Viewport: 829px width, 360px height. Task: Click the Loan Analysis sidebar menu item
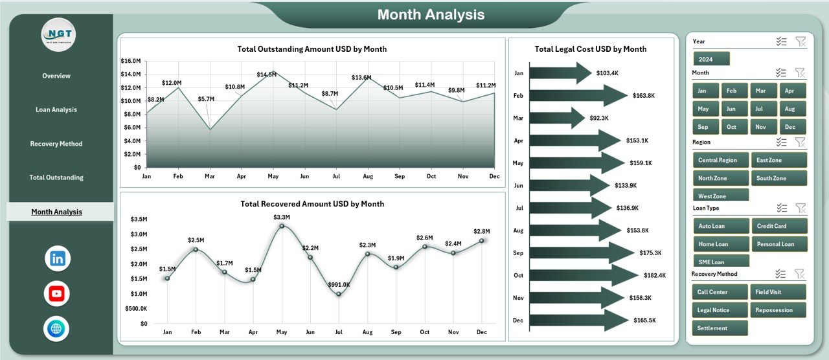tap(56, 110)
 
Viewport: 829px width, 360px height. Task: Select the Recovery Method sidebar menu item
tap(56, 144)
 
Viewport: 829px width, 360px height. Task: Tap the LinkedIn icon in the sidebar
tap(58, 258)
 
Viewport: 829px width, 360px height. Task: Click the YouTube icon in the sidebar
tap(57, 293)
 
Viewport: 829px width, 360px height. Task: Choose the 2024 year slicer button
tap(711, 59)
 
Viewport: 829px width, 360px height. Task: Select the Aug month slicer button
tap(793, 109)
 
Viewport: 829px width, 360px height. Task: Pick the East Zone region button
tap(779, 160)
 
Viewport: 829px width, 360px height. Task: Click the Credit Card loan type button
tap(779, 226)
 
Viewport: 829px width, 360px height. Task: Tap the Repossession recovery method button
tap(779, 310)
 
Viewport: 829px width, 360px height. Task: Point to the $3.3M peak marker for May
tap(281, 226)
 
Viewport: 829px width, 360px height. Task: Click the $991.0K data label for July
tap(338, 284)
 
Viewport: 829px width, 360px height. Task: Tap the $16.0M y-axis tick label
tap(130, 61)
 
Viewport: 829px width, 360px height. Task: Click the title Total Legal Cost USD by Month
tap(591, 49)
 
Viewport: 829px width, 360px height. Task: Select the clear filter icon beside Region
tap(801, 142)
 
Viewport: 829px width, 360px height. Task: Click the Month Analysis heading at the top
tap(431, 15)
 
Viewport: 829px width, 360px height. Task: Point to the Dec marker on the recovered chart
tap(481, 241)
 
